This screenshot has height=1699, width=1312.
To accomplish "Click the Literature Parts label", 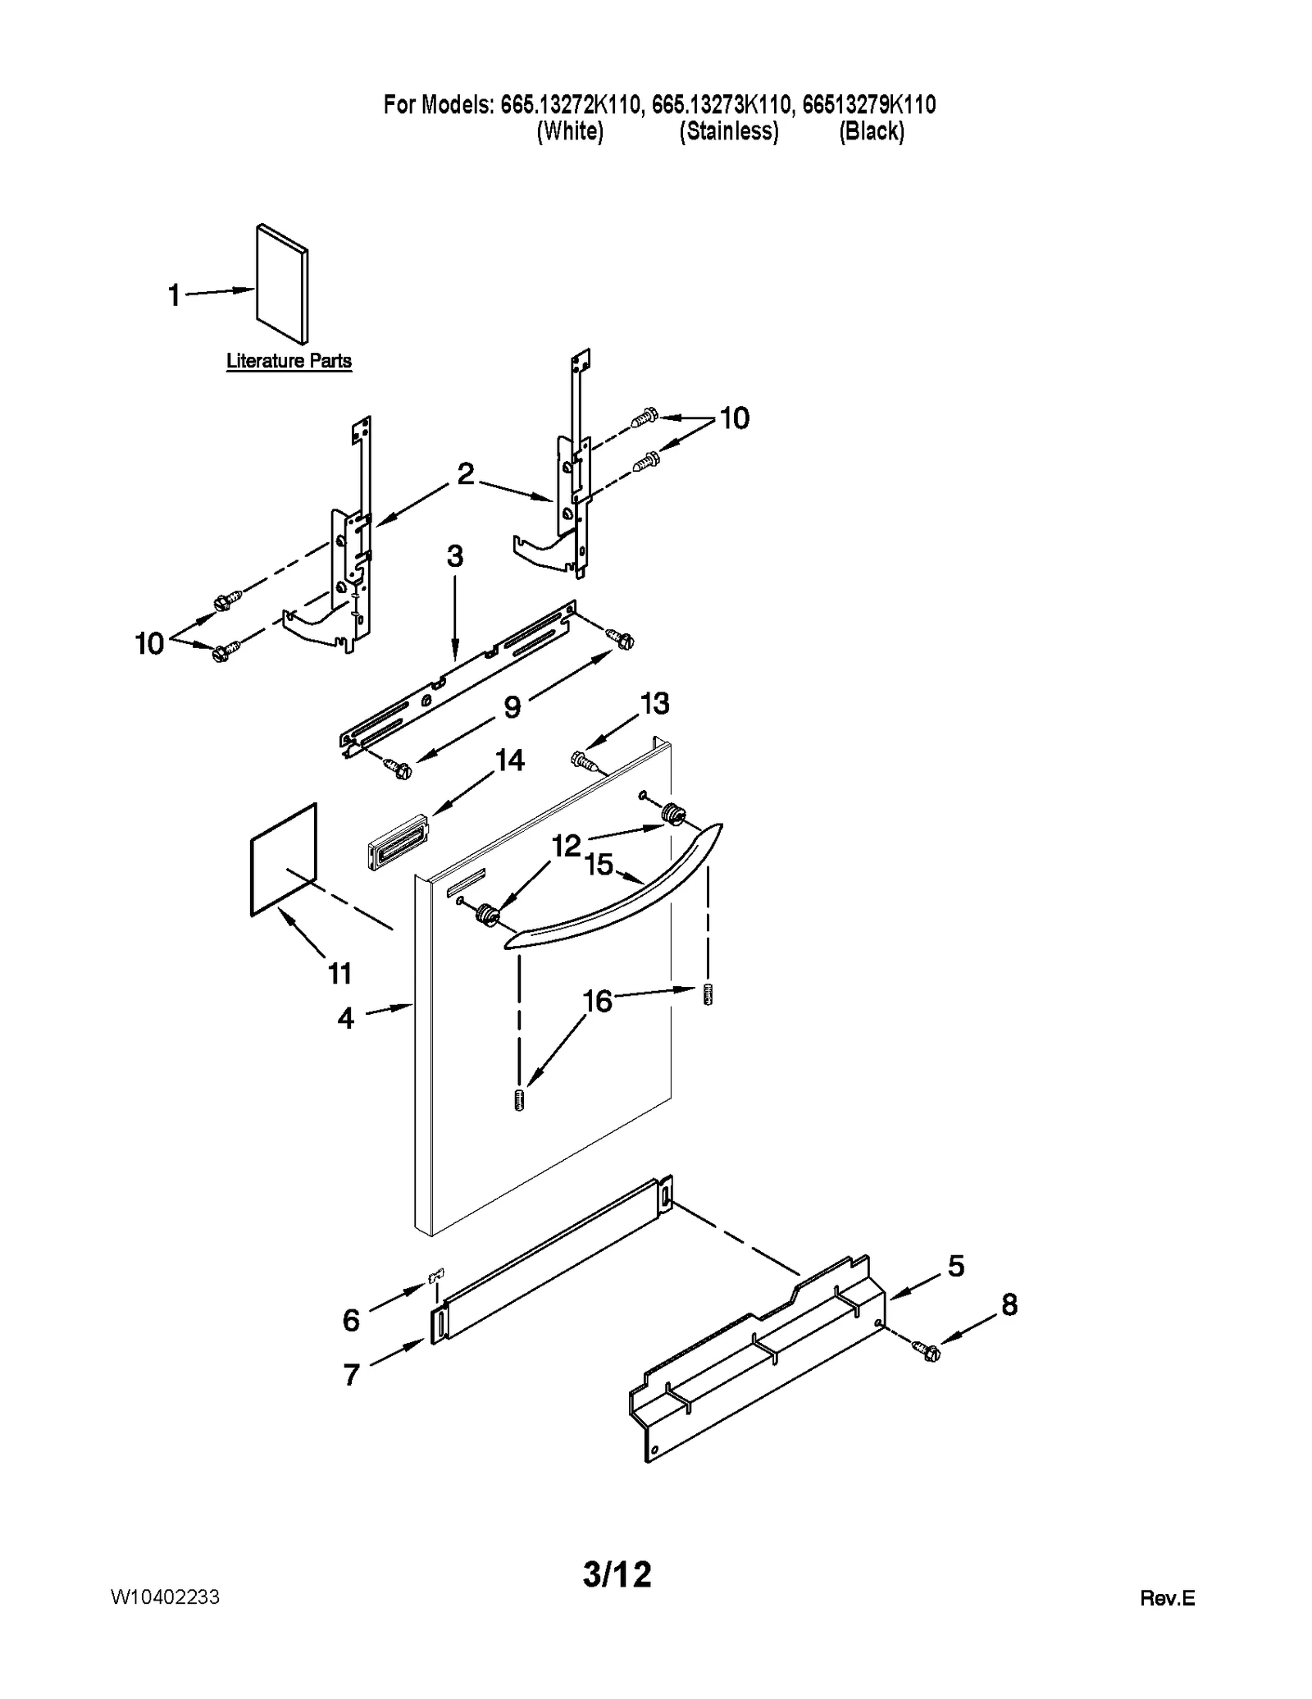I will tap(289, 361).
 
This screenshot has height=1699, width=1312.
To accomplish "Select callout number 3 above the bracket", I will tap(455, 556).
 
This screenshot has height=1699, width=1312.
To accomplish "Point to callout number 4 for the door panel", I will tap(346, 1018).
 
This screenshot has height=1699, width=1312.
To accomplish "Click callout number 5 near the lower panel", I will tap(956, 1266).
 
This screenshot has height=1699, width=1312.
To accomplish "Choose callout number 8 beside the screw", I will tap(1009, 1304).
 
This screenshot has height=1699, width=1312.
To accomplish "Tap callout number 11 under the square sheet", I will tap(339, 974).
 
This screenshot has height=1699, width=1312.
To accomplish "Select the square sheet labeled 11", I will tap(283, 859).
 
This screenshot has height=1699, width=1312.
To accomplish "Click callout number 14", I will tap(510, 760).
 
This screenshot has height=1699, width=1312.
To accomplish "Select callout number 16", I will tap(598, 1001).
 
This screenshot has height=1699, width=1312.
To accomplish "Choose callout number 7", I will tap(351, 1374).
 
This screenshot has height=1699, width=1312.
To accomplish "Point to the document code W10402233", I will tap(165, 1597).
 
